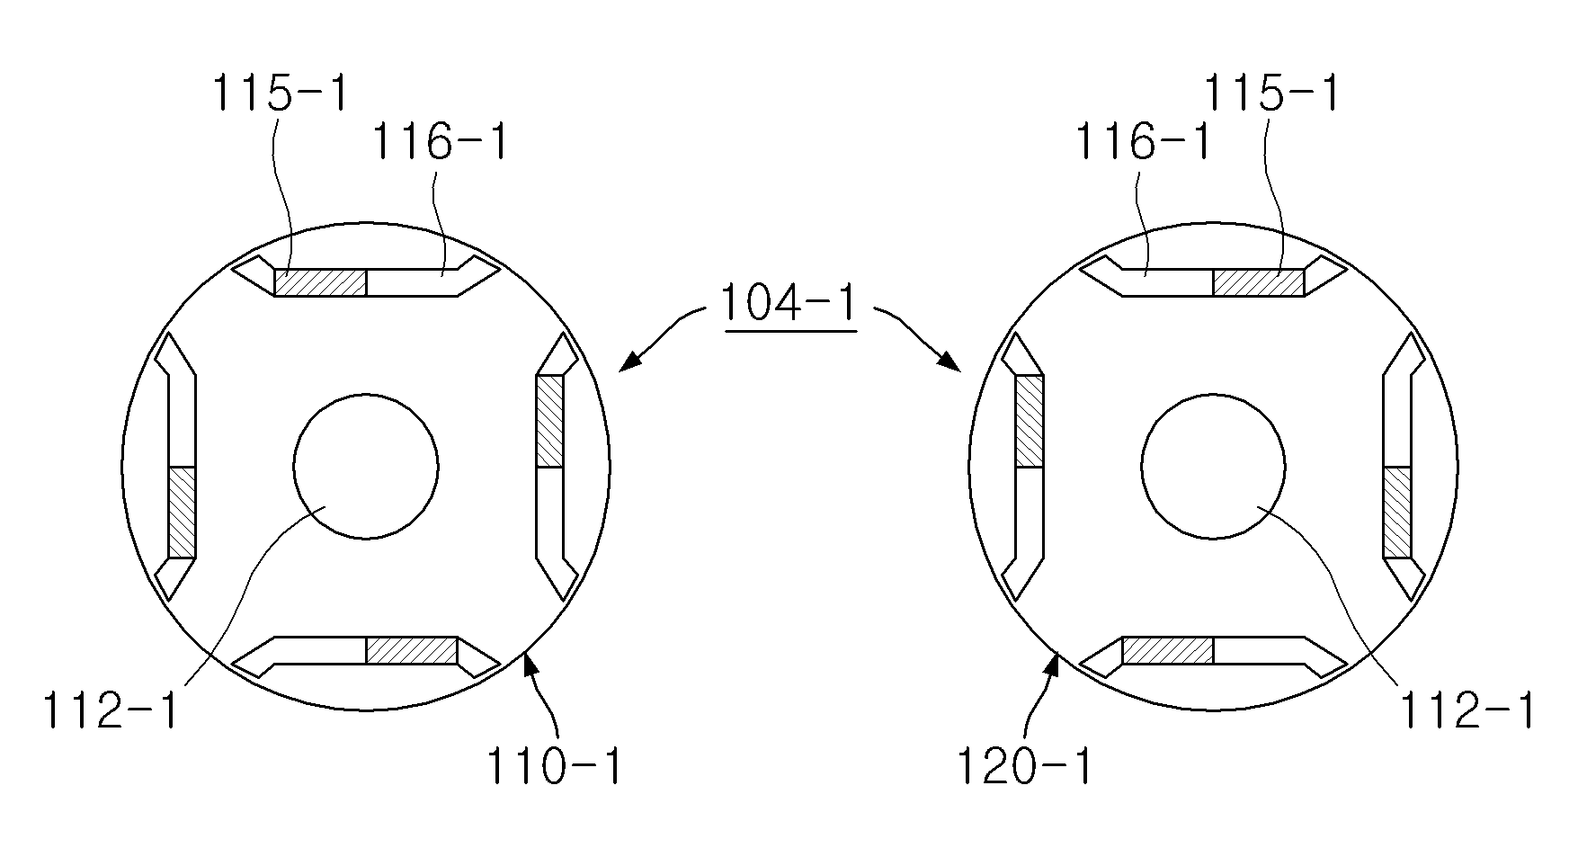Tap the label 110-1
pos(554,766)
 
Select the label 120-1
pos(1023,766)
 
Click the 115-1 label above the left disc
pos(279,94)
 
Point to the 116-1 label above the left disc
pos(440,141)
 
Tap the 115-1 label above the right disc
pos(1271,94)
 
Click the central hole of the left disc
pos(366,467)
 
